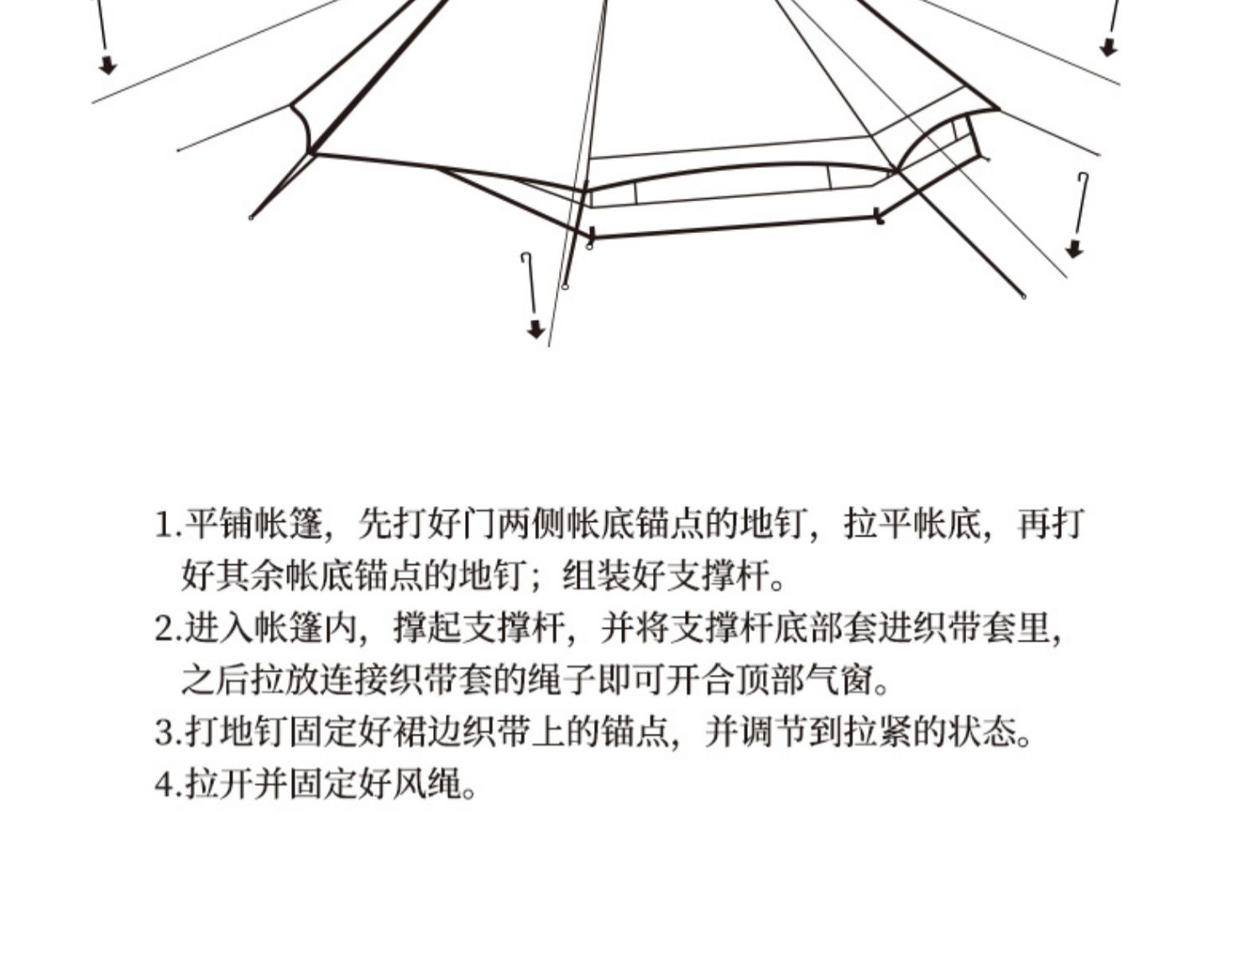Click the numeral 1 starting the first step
click(x=165, y=525)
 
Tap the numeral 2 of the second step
click(x=165, y=629)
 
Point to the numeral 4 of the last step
click(x=165, y=785)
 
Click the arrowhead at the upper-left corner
click(x=107, y=65)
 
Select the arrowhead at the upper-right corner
click(x=1109, y=48)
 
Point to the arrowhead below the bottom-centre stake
click(x=535, y=330)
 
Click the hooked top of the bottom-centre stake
click(x=525, y=255)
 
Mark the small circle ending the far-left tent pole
click(x=251, y=218)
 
